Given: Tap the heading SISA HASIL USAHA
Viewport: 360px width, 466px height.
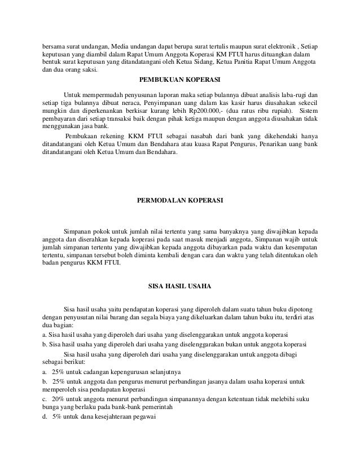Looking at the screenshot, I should click(179, 286).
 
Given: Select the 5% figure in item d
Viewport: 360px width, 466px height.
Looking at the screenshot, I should click(56, 417).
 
